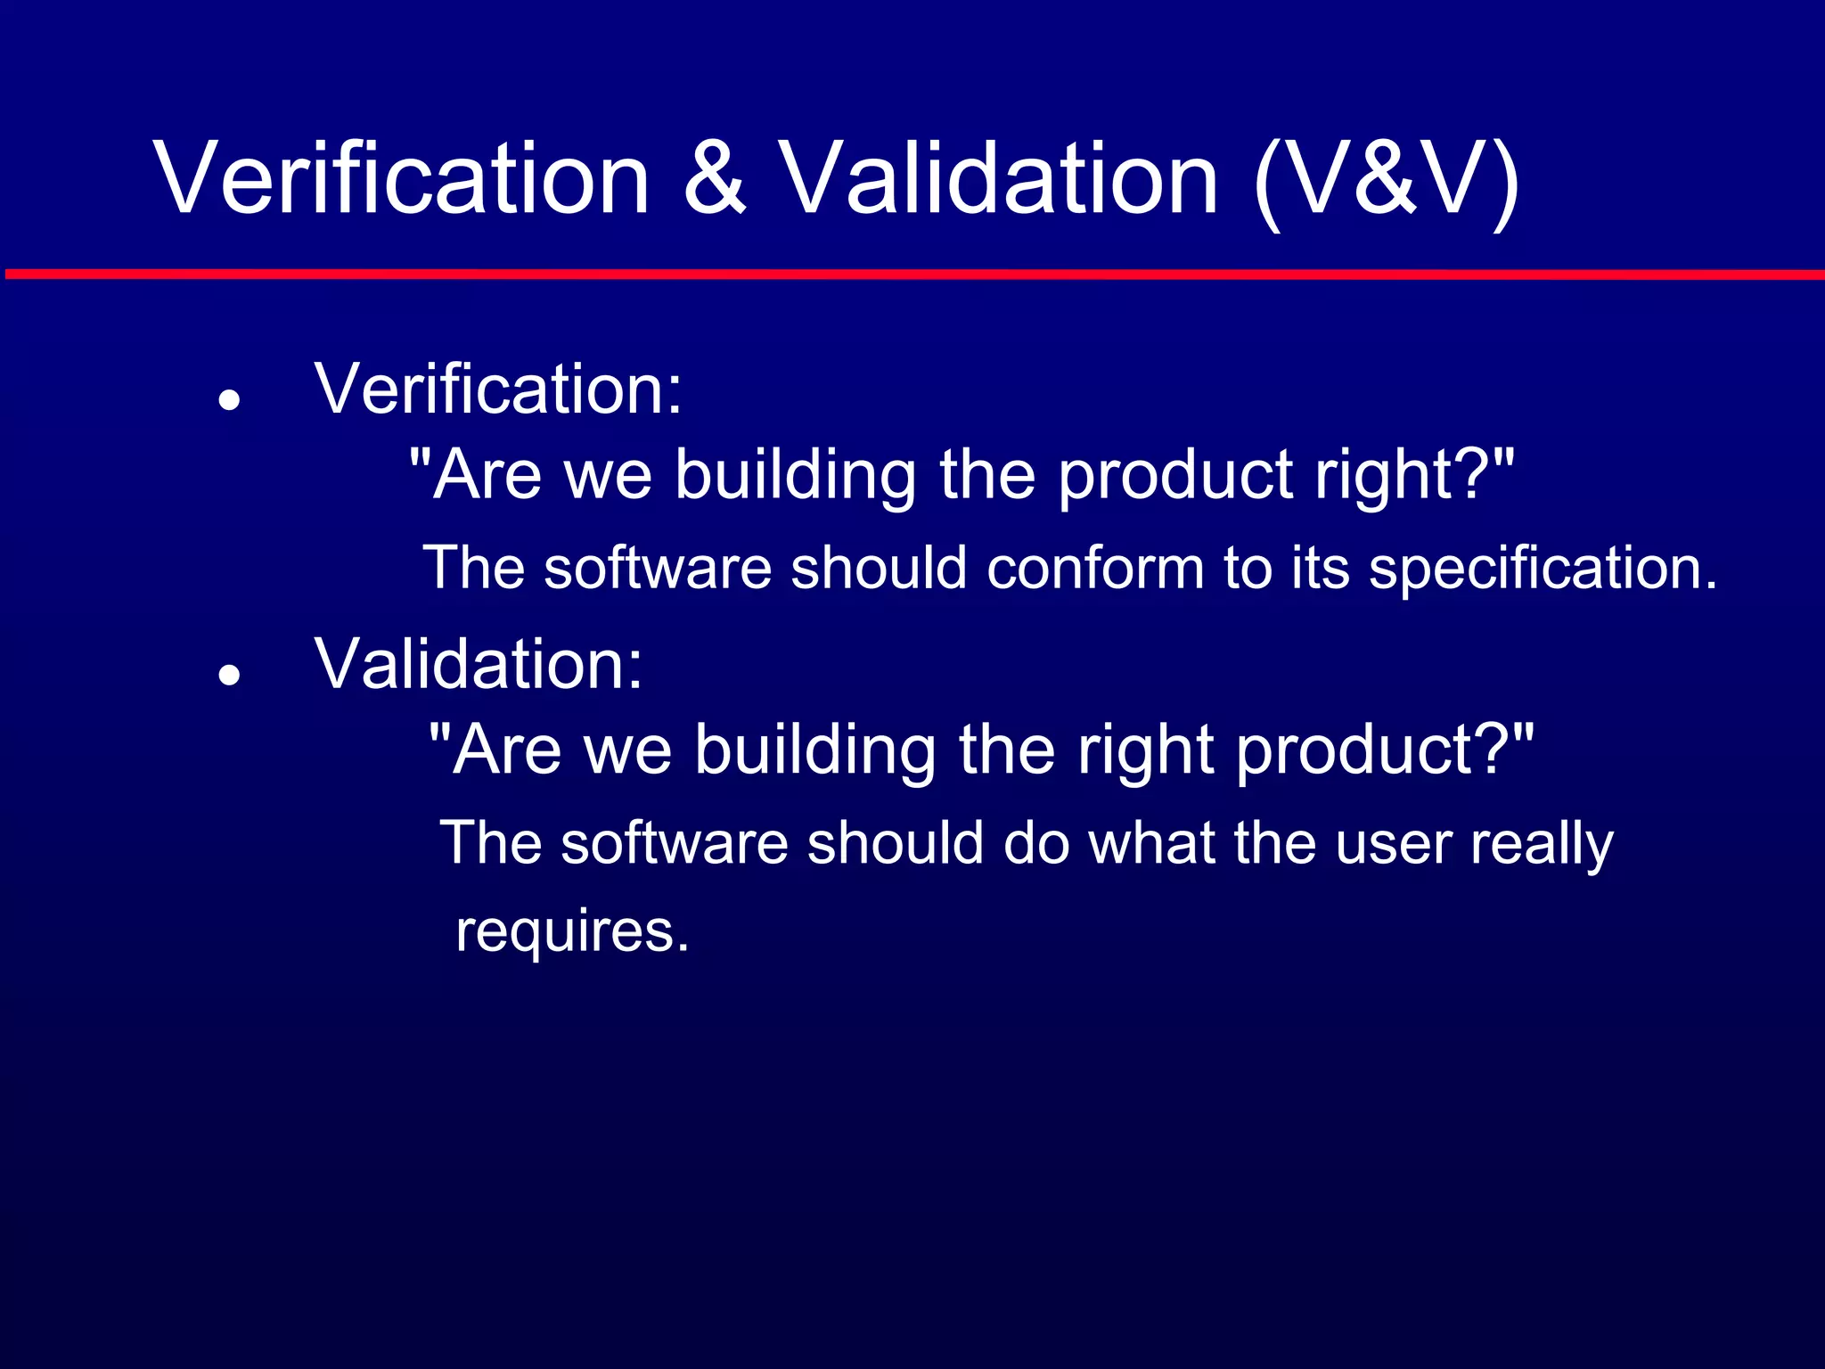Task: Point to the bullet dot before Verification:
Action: click(230, 400)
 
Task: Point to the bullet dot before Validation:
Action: click(230, 675)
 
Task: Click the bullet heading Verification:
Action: click(499, 389)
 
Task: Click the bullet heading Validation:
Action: click(479, 664)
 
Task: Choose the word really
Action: click(1542, 844)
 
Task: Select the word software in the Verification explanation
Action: click(658, 569)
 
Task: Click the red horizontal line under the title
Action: click(912, 275)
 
